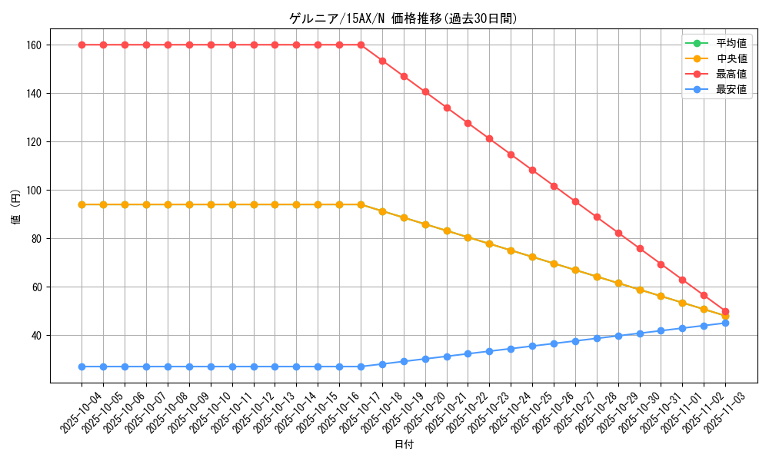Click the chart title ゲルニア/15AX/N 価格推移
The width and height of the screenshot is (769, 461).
coord(403,18)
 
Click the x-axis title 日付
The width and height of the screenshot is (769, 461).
coord(404,444)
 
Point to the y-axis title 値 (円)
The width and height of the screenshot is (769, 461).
coord(15,206)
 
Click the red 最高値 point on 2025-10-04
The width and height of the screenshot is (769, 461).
coord(82,45)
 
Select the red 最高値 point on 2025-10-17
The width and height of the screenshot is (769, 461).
coord(361,45)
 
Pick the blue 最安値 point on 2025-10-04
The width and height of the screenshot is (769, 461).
coord(82,366)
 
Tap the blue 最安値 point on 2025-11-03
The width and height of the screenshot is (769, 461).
coord(725,323)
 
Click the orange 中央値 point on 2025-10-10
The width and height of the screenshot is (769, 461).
coord(211,204)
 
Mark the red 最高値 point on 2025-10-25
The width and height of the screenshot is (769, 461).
coord(532,170)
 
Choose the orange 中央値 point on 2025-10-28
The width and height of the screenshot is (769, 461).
coord(597,277)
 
